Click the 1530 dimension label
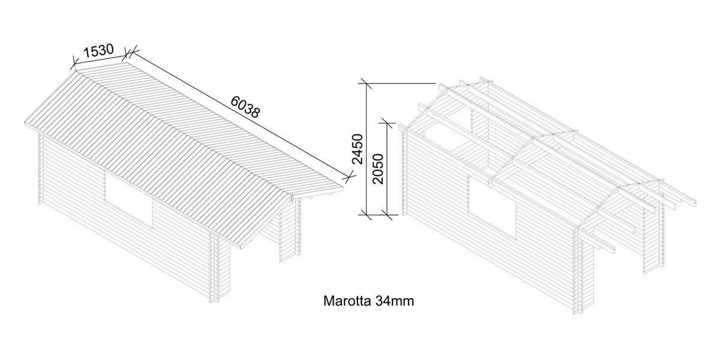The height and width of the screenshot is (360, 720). pos(98,51)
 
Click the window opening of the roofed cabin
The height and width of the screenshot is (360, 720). pos(129,198)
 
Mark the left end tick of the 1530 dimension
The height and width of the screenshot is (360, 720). pos(75,61)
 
